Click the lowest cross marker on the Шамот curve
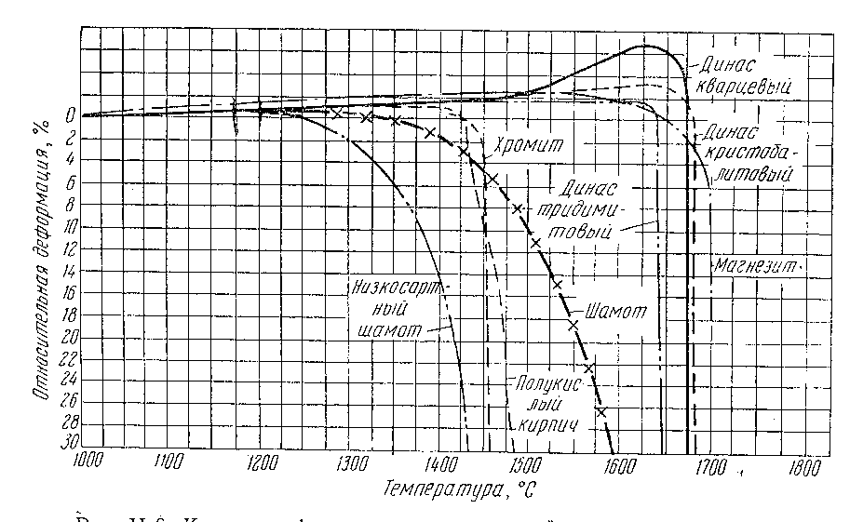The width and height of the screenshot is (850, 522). pyautogui.click(x=601, y=410)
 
